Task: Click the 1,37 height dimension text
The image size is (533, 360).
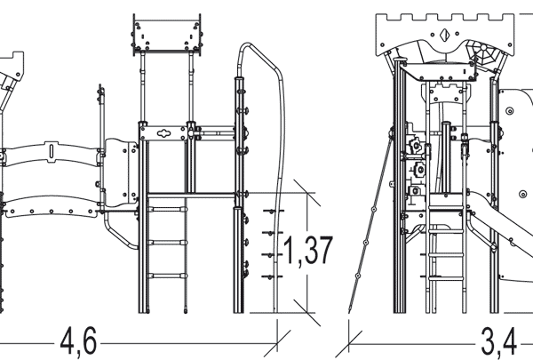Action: coord(307,251)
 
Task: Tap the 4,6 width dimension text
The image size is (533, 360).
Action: coord(78,341)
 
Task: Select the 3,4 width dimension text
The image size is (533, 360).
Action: coord(499,342)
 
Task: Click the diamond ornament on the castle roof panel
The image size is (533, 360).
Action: coord(444,35)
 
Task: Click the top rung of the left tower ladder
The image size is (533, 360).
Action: coord(167,209)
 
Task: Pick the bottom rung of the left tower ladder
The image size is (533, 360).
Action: coord(167,276)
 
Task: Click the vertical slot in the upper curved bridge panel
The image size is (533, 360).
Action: coord(52,151)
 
